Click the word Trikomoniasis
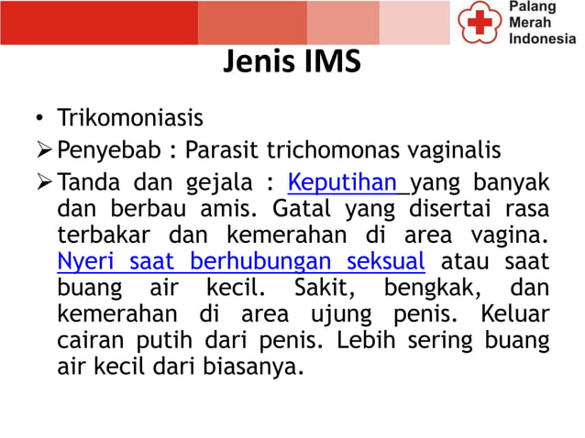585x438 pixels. pos(129,119)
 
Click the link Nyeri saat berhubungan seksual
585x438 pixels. pos(240,260)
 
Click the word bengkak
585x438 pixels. pos(425,289)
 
